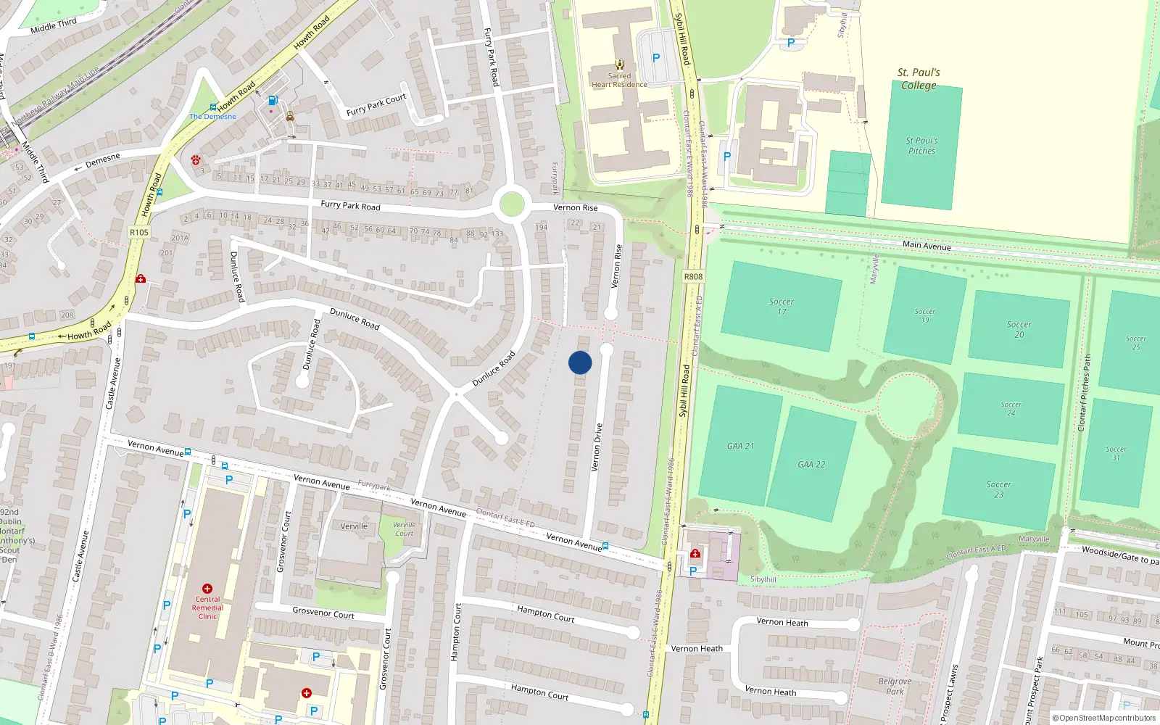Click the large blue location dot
[x=580, y=362]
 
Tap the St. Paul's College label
[x=919, y=78]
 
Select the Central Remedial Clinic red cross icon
[x=207, y=589]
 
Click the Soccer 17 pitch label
[x=782, y=307]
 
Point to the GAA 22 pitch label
[x=811, y=465]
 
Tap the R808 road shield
[x=693, y=276]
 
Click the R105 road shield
[x=139, y=233]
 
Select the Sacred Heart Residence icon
[x=619, y=65]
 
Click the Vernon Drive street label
[x=597, y=447]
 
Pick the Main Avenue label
[x=927, y=246]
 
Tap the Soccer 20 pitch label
[x=1019, y=329]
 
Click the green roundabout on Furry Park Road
[x=512, y=204]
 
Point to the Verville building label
[x=354, y=526]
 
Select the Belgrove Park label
[x=895, y=686]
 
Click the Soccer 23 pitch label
[x=998, y=489]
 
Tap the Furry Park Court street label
[x=376, y=106]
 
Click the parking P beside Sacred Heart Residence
[x=656, y=58]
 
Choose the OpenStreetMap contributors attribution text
[x=1103, y=718]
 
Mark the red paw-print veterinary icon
[x=196, y=159]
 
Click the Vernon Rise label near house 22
[x=576, y=207]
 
